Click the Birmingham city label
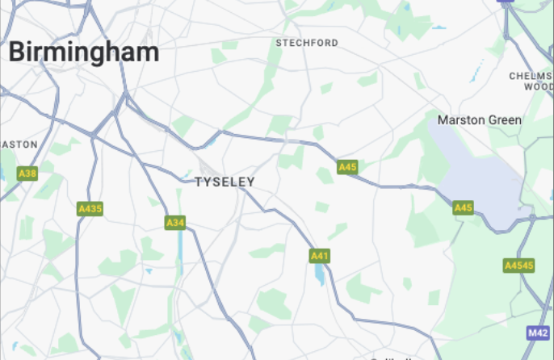coord(84,52)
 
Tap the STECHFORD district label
coord(307,43)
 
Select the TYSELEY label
coord(225,182)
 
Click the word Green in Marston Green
coord(506,120)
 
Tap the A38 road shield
coord(27,174)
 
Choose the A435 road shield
coord(90,209)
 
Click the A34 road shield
coord(175,222)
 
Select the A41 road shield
coord(320,256)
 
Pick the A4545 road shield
coord(518,266)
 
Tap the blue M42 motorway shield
coord(538,333)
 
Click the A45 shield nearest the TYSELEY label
coord(347,167)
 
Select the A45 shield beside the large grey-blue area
coord(463,207)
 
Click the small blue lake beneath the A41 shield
coord(320,275)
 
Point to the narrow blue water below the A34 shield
coord(178,250)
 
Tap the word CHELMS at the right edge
coord(531,76)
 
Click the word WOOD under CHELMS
coord(538,86)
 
